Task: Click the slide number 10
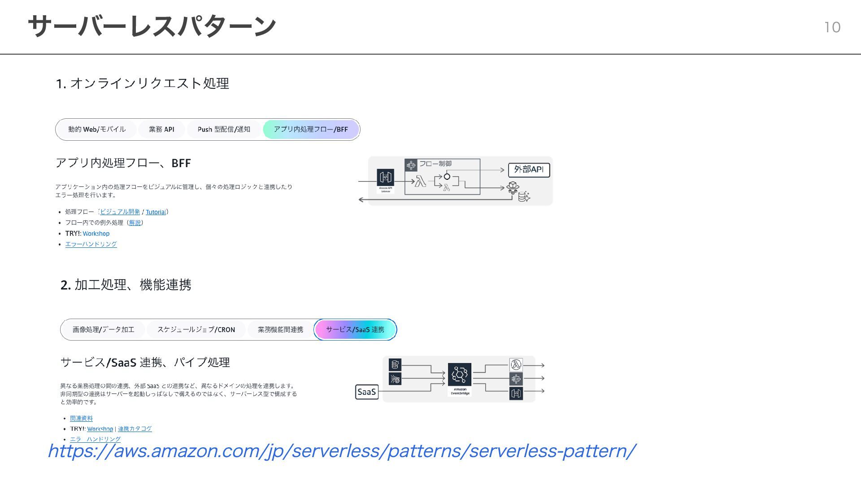pos(832,27)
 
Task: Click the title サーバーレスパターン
pos(152,26)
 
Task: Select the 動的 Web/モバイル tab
pos(97,130)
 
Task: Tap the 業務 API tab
pos(161,130)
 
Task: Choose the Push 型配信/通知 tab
pos(224,130)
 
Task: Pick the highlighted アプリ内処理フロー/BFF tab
pos(311,130)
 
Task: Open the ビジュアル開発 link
pos(120,212)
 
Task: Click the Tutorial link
pos(156,212)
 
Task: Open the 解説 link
pos(135,223)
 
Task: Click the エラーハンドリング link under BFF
pos(91,244)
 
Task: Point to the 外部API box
pos(529,170)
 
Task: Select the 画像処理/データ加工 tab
pos(103,330)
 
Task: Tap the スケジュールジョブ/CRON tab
pos(196,330)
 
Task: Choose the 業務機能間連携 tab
pos(280,330)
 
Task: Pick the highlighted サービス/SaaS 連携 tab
pos(355,330)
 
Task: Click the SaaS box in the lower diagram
pos(366,392)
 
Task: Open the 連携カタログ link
pos(135,429)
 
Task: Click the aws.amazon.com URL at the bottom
pos(341,451)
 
